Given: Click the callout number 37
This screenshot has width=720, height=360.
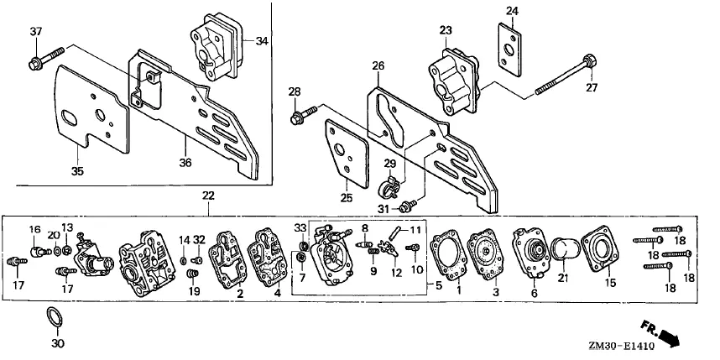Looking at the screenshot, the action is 36,32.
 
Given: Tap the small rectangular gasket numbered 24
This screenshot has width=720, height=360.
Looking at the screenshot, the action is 510,50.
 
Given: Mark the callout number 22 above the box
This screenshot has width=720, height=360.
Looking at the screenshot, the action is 208,196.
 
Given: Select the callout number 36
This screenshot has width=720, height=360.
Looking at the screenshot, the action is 185,163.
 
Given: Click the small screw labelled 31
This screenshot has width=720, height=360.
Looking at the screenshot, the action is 408,206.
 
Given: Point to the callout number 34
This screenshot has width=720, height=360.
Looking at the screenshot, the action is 261,41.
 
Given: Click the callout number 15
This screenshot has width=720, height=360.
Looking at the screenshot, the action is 610,284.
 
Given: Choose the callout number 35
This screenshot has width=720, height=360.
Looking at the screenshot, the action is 77,171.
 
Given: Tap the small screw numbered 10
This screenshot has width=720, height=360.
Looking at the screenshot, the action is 413,248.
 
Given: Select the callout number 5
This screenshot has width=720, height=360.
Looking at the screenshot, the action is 438,285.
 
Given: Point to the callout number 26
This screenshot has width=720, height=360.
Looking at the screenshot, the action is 378,66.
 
